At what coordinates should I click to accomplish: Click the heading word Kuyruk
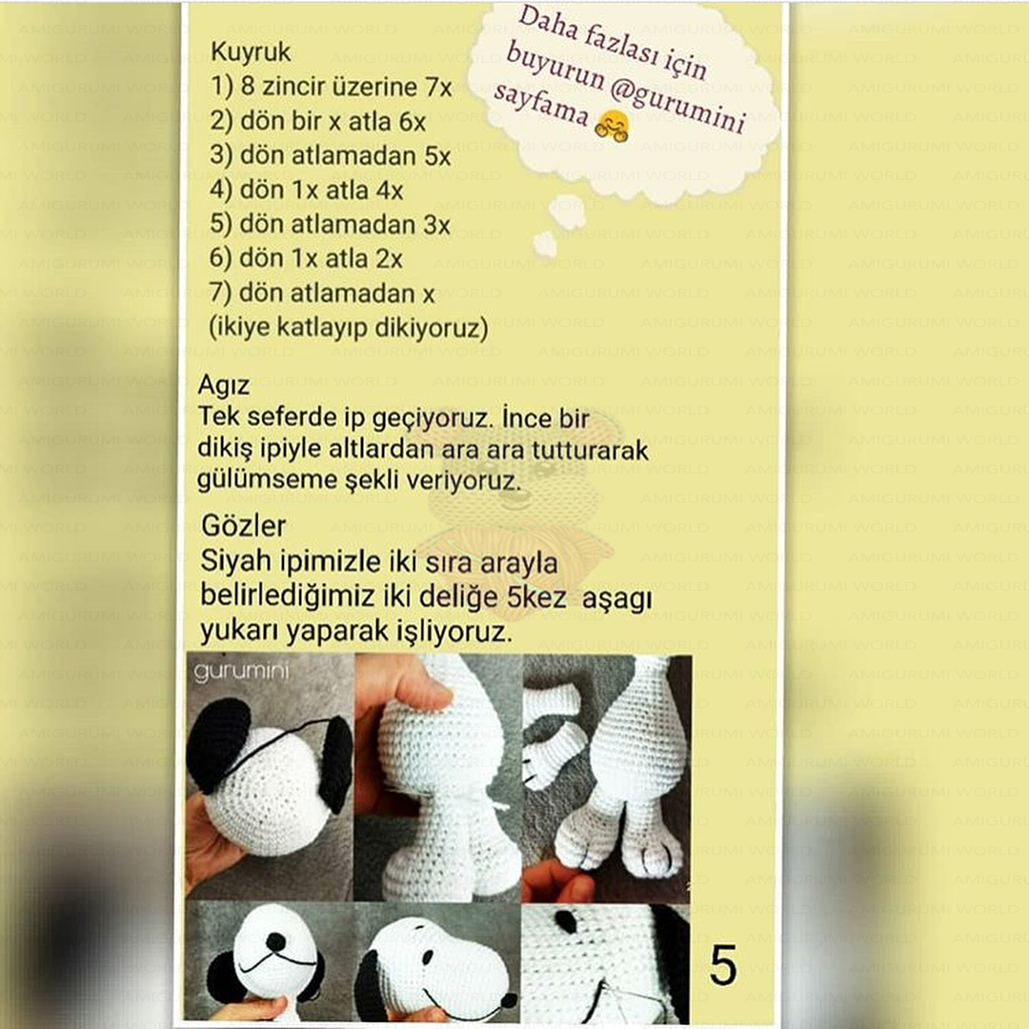point(251,51)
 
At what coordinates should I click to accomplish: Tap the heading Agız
point(224,386)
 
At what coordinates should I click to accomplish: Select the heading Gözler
point(244,526)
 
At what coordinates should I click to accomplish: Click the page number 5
point(723,966)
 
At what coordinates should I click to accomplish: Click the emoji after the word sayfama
point(611,129)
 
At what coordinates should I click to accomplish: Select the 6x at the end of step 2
point(412,123)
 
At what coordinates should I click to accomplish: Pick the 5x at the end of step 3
point(437,157)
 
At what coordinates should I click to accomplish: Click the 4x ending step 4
point(390,191)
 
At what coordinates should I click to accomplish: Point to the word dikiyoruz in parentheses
point(427,330)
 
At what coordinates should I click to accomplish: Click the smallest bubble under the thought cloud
point(545,245)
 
